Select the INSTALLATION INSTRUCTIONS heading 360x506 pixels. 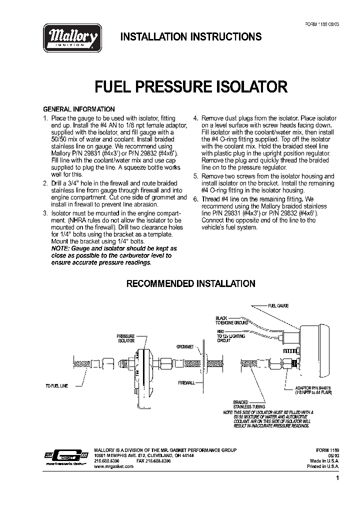point(191,37)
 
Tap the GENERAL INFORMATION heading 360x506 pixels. point(79,109)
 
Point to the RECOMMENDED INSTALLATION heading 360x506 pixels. point(190,283)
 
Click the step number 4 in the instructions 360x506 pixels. point(195,118)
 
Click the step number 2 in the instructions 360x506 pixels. point(45,183)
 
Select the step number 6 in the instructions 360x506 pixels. point(195,199)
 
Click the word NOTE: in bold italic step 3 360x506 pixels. point(61,248)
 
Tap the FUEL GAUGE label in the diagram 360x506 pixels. point(278,305)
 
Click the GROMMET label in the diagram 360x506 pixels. point(185,346)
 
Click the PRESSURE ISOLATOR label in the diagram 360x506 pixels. point(126,338)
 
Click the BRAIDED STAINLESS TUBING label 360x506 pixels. point(244,404)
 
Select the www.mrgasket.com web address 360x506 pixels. point(114,466)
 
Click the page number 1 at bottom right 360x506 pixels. point(337,478)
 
